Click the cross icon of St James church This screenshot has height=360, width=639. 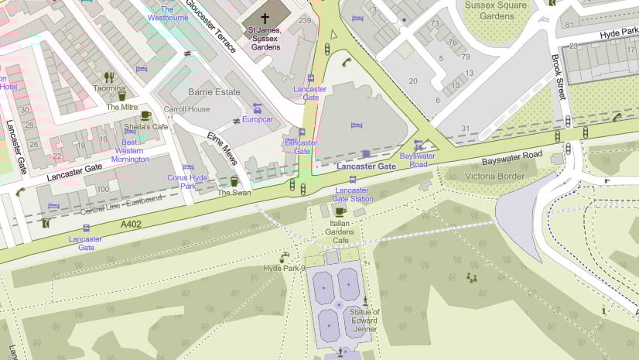pyautogui.click(x=265, y=17)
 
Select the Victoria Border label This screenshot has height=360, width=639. pyautogui.click(x=495, y=176)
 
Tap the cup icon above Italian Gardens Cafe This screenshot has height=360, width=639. pyautogui.click(x=339, y=211)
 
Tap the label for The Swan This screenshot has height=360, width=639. pyautogui.click(x=234, y=193)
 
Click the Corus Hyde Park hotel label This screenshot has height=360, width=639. pyautogui.click(x=188, y=182)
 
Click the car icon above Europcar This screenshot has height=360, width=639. pyautogui.click(x=258, y=108)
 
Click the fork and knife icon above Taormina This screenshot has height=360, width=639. pyautogui.click(x=109, y=77)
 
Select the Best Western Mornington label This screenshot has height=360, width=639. pyautogui.click(x=131, y=150)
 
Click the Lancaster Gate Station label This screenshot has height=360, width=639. pyautogui.click(x=352, y=194)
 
